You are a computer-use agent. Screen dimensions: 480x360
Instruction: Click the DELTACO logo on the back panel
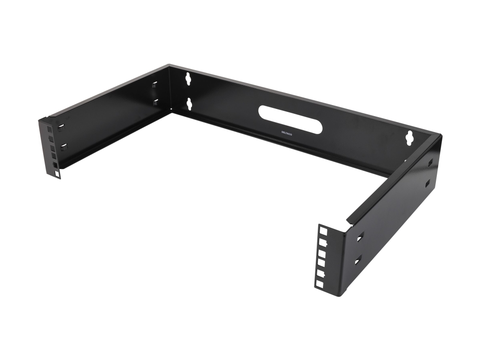(287, 132)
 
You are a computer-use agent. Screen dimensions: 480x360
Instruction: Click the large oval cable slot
(290, 120)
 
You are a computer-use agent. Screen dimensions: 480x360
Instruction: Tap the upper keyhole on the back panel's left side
(188, 79)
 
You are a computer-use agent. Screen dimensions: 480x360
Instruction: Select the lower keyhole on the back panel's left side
(189, 104)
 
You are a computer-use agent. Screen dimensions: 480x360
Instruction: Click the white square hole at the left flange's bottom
(57, 174)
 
